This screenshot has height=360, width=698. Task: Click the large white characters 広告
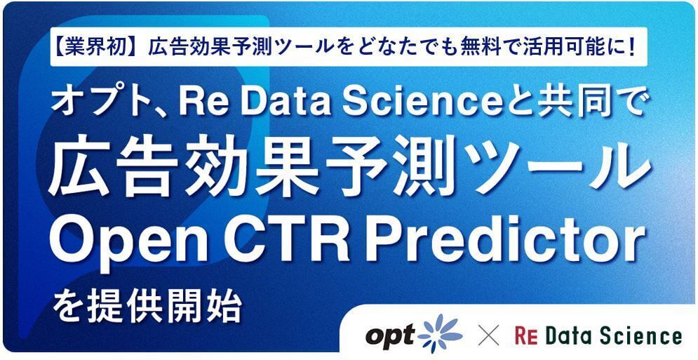109,173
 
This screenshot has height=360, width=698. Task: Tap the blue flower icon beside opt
441,334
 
